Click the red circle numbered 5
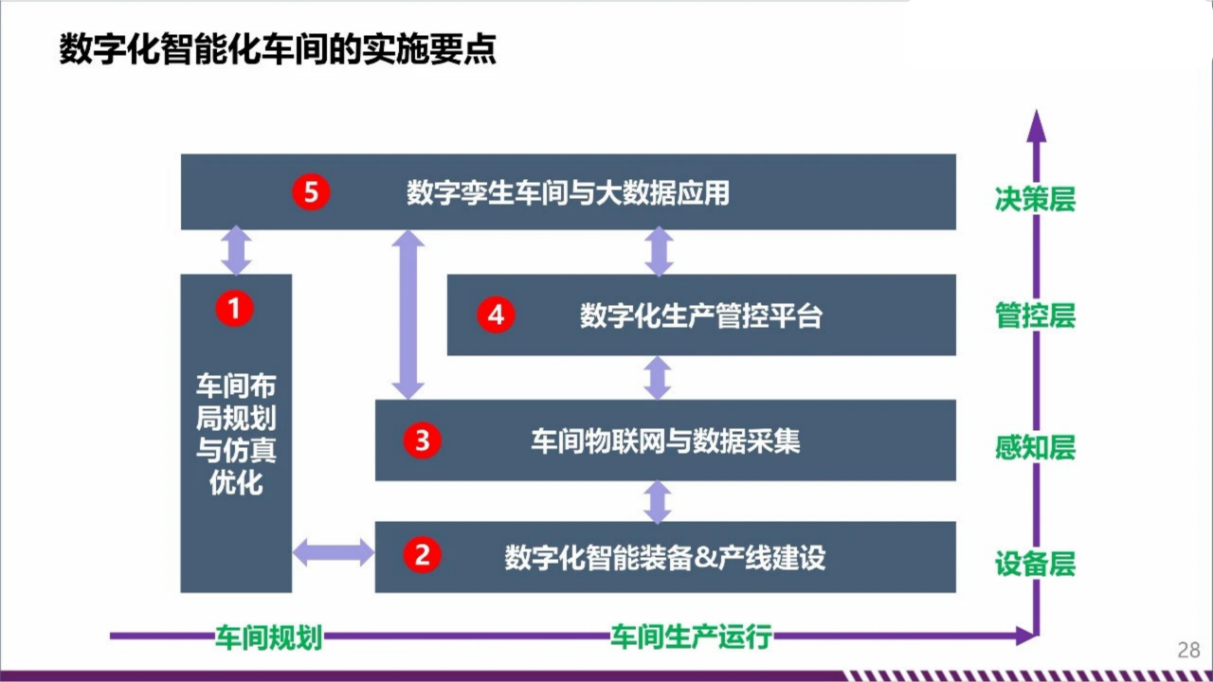tap(311, 192)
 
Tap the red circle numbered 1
tap(234, 309)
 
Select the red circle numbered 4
tap(496, 315)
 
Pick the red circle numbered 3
tap(423, 440)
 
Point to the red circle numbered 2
tap(423, 555)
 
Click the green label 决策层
tap(1036, 199)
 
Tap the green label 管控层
tap(1036, 315)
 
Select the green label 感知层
tap(1036, 448)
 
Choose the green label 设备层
tap(1036, 564)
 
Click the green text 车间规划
tap(269, 637)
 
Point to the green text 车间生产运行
tap(692, 637)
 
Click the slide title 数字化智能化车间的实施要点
tap(278, 49)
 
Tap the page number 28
tap(1188, 650)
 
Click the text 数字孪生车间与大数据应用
tap(568, 193)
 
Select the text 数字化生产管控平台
tap(701, 316)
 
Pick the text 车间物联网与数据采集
tap(665, 441)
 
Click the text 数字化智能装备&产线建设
tap(665, 558)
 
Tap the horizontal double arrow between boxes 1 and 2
tap(333, 552)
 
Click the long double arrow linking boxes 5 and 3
tap(407, 314)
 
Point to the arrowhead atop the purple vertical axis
tap(1037, 126)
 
